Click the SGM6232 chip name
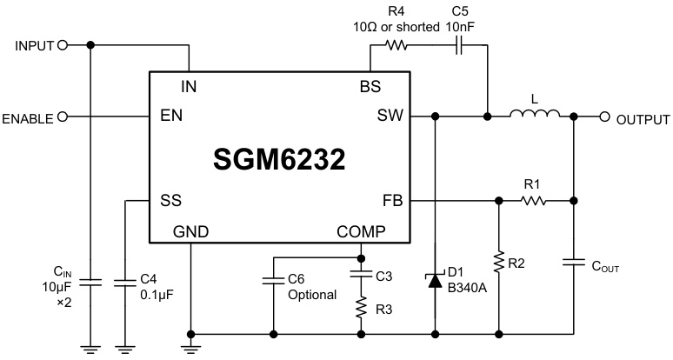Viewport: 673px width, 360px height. pyautogui.click(x=279, y=158)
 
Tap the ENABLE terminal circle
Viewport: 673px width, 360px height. pyautogui.click(x=62, y=117)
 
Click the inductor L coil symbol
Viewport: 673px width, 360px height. pyautogui.click(x=534, y=114)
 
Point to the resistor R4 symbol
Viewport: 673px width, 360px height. pyautogui.click(x=398, y=45)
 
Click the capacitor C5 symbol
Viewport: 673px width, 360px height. pyautogui.click(x=458, y=45)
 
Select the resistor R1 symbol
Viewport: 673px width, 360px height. pyautogui.click(x=534, y=201)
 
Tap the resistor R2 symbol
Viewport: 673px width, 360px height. pyautogui.click(x=498, y=261)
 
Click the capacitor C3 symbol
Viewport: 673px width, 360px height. pyautogui.click(x=361, y=277)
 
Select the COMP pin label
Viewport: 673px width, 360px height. pyautogui.click(x=362, y=231)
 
